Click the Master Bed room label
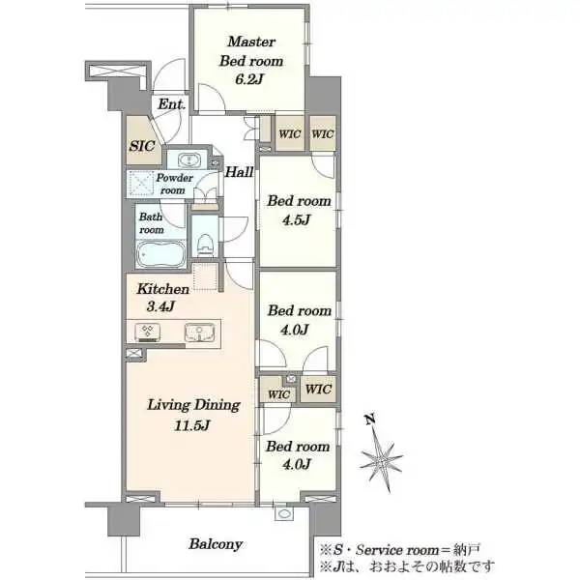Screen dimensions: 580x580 coord(251,51)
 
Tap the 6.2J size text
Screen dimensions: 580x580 coord(249,79)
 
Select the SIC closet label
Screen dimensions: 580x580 coord(142,146)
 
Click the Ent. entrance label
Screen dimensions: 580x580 coord(171,104)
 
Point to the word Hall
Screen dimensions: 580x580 coord(240,172)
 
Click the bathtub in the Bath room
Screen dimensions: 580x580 coord(160,253)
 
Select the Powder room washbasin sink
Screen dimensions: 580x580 coord(188,160)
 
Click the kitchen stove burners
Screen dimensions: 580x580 coord(147,331)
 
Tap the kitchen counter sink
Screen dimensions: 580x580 coord(200,332)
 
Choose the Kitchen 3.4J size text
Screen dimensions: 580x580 coord(160,306)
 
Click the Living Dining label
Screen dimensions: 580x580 coord(194,405)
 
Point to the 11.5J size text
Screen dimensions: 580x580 coord(192,425)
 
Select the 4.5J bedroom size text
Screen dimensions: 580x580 coord(296,220)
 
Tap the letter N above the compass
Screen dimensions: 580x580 coord(370,420)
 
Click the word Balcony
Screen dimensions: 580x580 coord(216,544)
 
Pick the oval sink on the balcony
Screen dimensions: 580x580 coord(284,513)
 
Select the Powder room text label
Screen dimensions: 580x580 coord(174,184)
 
